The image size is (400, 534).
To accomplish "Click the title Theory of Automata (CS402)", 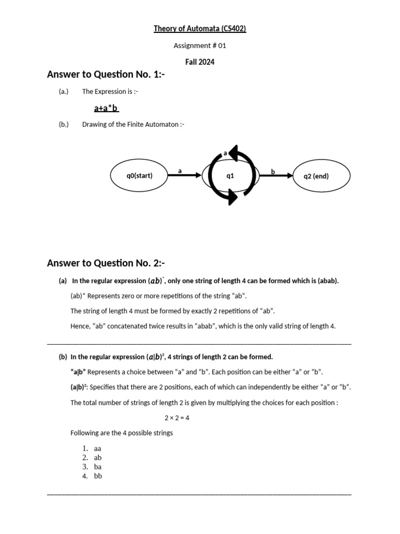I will point(199,29).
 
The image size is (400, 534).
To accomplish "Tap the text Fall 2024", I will point(200,62).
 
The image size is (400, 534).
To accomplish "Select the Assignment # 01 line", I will point(200,45).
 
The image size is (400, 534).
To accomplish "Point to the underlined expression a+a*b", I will point(106,108).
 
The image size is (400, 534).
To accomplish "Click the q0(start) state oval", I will point(139,176).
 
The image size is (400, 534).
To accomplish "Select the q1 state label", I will point(230,176).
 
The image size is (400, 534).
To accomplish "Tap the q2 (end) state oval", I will point(316,176).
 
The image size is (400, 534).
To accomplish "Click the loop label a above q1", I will point(225,153).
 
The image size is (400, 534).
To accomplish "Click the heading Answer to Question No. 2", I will point(106,262).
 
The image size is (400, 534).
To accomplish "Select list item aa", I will point(98,448).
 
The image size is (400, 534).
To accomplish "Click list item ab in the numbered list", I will point(98,457).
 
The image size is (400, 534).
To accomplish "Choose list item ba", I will point(98,467).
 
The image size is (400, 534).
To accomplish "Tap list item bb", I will point(98,476).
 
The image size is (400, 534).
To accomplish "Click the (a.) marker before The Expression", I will point(64,92).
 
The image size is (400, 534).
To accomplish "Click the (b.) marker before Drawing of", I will point(64,125).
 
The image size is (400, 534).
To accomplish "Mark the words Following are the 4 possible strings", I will point(121,433).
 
